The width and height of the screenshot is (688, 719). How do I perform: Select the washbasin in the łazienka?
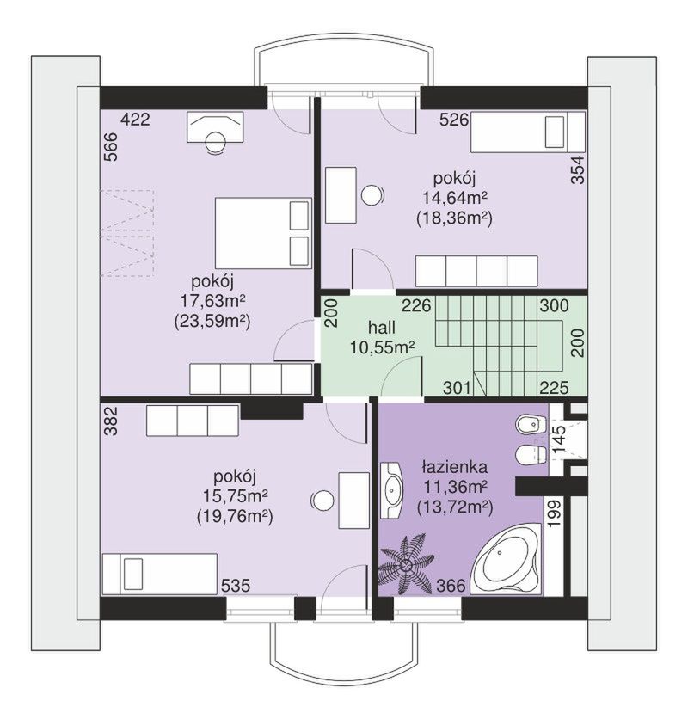coord(391,489)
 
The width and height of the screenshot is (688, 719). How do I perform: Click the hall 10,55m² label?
coord(382,337)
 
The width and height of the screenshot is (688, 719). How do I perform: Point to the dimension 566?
coord(112,147)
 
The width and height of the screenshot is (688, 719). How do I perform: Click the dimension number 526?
coord(454,120)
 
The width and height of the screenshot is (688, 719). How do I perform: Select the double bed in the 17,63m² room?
coord(263,232)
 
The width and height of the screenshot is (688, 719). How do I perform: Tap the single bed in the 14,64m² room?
coord(528,132)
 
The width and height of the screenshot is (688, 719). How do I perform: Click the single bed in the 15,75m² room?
coord(160,574)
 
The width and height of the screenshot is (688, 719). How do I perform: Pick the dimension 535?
coord(236,586)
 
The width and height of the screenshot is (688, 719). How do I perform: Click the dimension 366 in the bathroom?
coord(451,586)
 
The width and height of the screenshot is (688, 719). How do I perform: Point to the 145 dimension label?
coord(558,439)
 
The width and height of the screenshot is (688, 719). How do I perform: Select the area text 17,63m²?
coord(212,301)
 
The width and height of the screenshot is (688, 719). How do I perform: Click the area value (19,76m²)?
coord(235,517)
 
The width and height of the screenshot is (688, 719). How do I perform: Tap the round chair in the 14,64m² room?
coord(372,196)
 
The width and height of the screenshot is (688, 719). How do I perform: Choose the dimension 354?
coord(579,170)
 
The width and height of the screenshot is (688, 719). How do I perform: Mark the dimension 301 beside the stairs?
coord(457,388)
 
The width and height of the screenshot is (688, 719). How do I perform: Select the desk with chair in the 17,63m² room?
coord(215,132)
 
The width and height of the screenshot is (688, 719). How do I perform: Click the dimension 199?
coord(555,513)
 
